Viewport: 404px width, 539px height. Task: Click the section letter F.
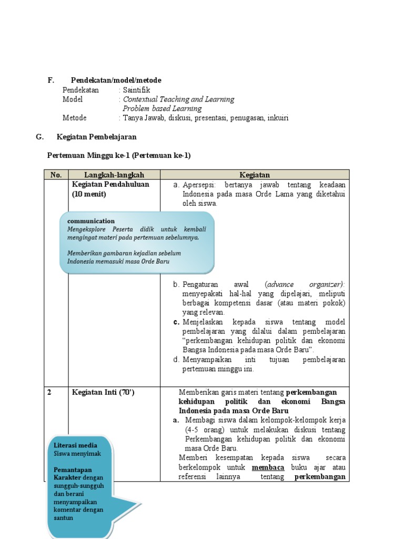click(50, 80)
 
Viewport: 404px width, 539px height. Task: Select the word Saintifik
click(136, 89)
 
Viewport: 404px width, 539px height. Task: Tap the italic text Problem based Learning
click(162, 108)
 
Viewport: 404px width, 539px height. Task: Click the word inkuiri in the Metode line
click(278, 118)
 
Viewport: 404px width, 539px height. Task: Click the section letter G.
click(39, 137)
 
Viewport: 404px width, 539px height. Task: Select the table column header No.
click(56, 175)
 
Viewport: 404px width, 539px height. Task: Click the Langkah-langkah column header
click(114, 175)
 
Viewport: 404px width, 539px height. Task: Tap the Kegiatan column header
click(255, 175)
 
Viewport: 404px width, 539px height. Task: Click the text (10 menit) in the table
click(89, 194)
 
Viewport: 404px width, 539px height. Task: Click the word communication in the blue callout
click(91, 221)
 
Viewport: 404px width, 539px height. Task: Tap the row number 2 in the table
click(49, 393)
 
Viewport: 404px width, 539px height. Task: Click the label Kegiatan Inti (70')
click(103, 393)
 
